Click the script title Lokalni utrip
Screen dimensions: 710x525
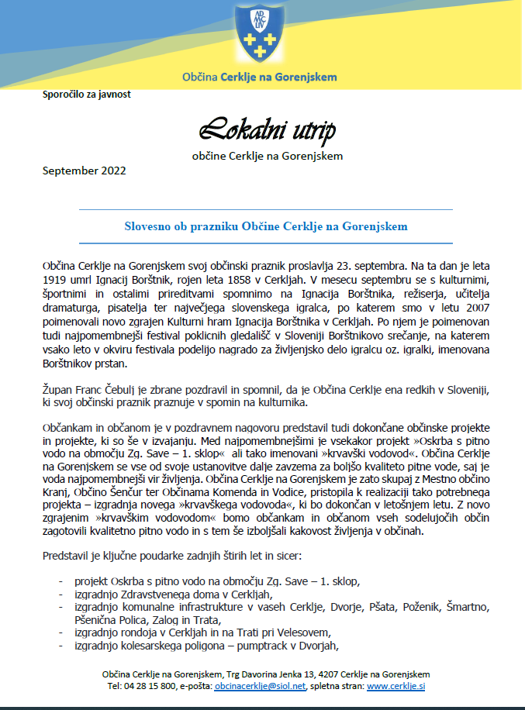point(268,130)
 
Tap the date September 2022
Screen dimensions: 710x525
point(84,171)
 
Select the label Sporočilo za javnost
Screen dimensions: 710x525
point(87,95)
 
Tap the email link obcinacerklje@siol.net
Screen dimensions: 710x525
point(259,686)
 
